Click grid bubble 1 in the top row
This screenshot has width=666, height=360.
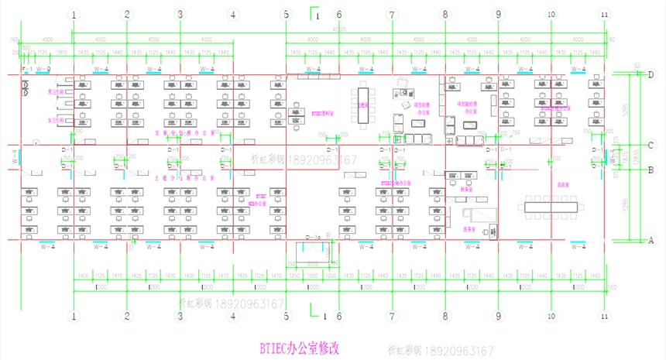pyautogui.click(x=74, y=15)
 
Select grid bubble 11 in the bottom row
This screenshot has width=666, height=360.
pyautogui.click(x=604, y=316)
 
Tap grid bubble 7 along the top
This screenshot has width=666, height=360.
pyautogui.click(x=392, y=15)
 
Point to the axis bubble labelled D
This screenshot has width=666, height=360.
pyautogui.click(x=651, y=75)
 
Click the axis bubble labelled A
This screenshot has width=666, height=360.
pyautogui.click(x=651, y=241)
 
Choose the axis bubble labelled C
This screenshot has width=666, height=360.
pyautogui.click(x=651, y=146)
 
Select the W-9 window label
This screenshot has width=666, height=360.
pyautogui.click(x=43, y=70)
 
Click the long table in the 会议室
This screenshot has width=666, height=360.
pyautogui.click(x=551, y=206)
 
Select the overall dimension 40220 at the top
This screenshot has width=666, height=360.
pyautogui.click(x=339, y=29)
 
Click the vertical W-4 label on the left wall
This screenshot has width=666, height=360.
pyautogui.click(x=15, y=158)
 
